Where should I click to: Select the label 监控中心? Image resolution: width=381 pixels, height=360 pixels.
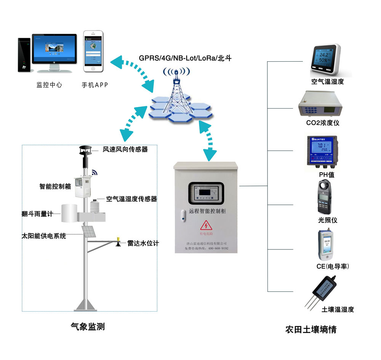click(x=49, y=85)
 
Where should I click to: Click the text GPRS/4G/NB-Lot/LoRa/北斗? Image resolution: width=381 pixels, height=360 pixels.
click(x=185, y=58)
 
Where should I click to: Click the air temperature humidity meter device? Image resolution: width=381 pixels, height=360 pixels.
click(x=325, y=60)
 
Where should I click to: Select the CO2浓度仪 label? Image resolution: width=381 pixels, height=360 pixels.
click(x=323, y=123)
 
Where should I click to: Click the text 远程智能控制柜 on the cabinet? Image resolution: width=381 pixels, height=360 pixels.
click(x=207, y=211)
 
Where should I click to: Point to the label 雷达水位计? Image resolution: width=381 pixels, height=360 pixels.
click(x=143, y=243)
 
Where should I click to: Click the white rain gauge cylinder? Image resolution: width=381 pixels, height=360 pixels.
click(x=69, y=213)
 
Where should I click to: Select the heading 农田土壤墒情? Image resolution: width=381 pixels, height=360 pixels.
click(x=311, y=329)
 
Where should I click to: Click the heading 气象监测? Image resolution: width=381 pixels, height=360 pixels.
click(x=88, y=326)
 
